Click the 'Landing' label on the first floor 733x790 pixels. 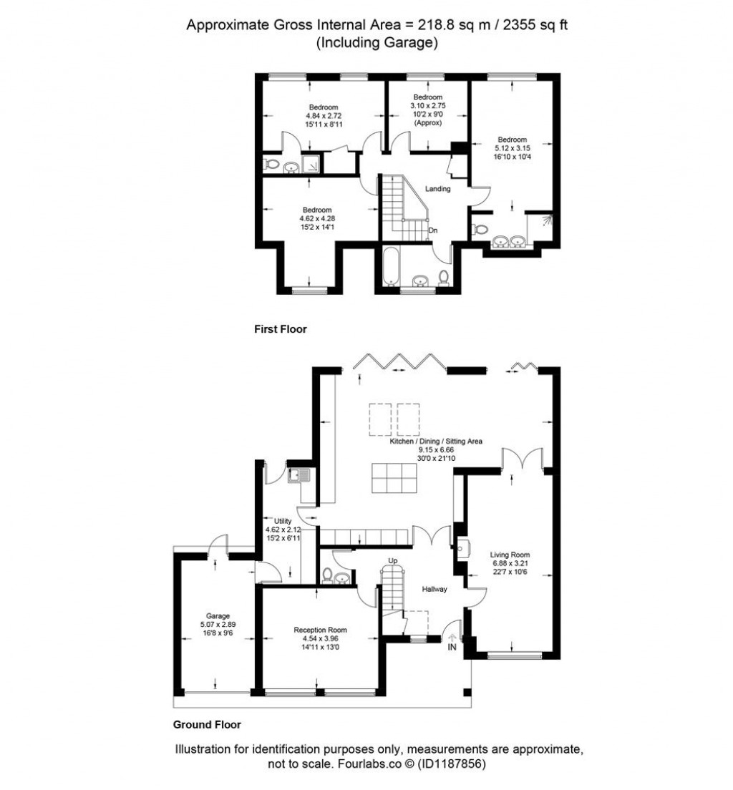pyautogui.click(x=437, y=189)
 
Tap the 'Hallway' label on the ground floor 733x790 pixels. pyautogui.click(x=434, y=589)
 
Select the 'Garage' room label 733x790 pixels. pyautogui.click(x=218, y=615)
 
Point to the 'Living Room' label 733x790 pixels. pyautogui.click(x=509, y=554)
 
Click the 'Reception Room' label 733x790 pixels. pyautogui.click(x=320, y=630)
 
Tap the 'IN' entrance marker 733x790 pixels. pyautogui.click(x=452, y=647)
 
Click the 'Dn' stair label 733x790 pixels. pyautogui.click(x=433, y=230)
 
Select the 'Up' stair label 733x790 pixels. pyautogui.click(x=392, y=560)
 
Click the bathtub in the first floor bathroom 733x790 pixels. pyautogui.click(x=390, y=267)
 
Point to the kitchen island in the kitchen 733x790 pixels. pyautogui.click(x=394, y=478)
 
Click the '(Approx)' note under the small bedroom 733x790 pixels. pyautogui.click(x=427, y=123)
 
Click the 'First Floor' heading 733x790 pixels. pyautogui.click(x=280, y=329)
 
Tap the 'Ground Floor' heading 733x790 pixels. pyautogui.click(x=207, y=724)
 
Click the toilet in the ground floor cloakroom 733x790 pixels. pyautogui.click(x=328, y=575)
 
